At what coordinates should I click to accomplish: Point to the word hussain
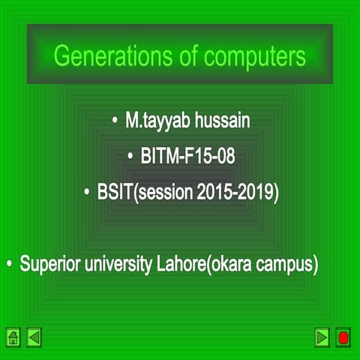click(x=223, y=121)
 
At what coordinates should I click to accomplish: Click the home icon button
click(x=13, y=337)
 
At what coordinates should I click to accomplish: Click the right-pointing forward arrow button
click(x=322, y=337)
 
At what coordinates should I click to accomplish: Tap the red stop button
click(x=343, y=337)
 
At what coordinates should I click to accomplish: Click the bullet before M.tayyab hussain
click(x=115, y=121)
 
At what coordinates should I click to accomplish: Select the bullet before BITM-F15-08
click(x=132, y=157)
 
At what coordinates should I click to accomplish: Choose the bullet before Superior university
click(x=10, y=265)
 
